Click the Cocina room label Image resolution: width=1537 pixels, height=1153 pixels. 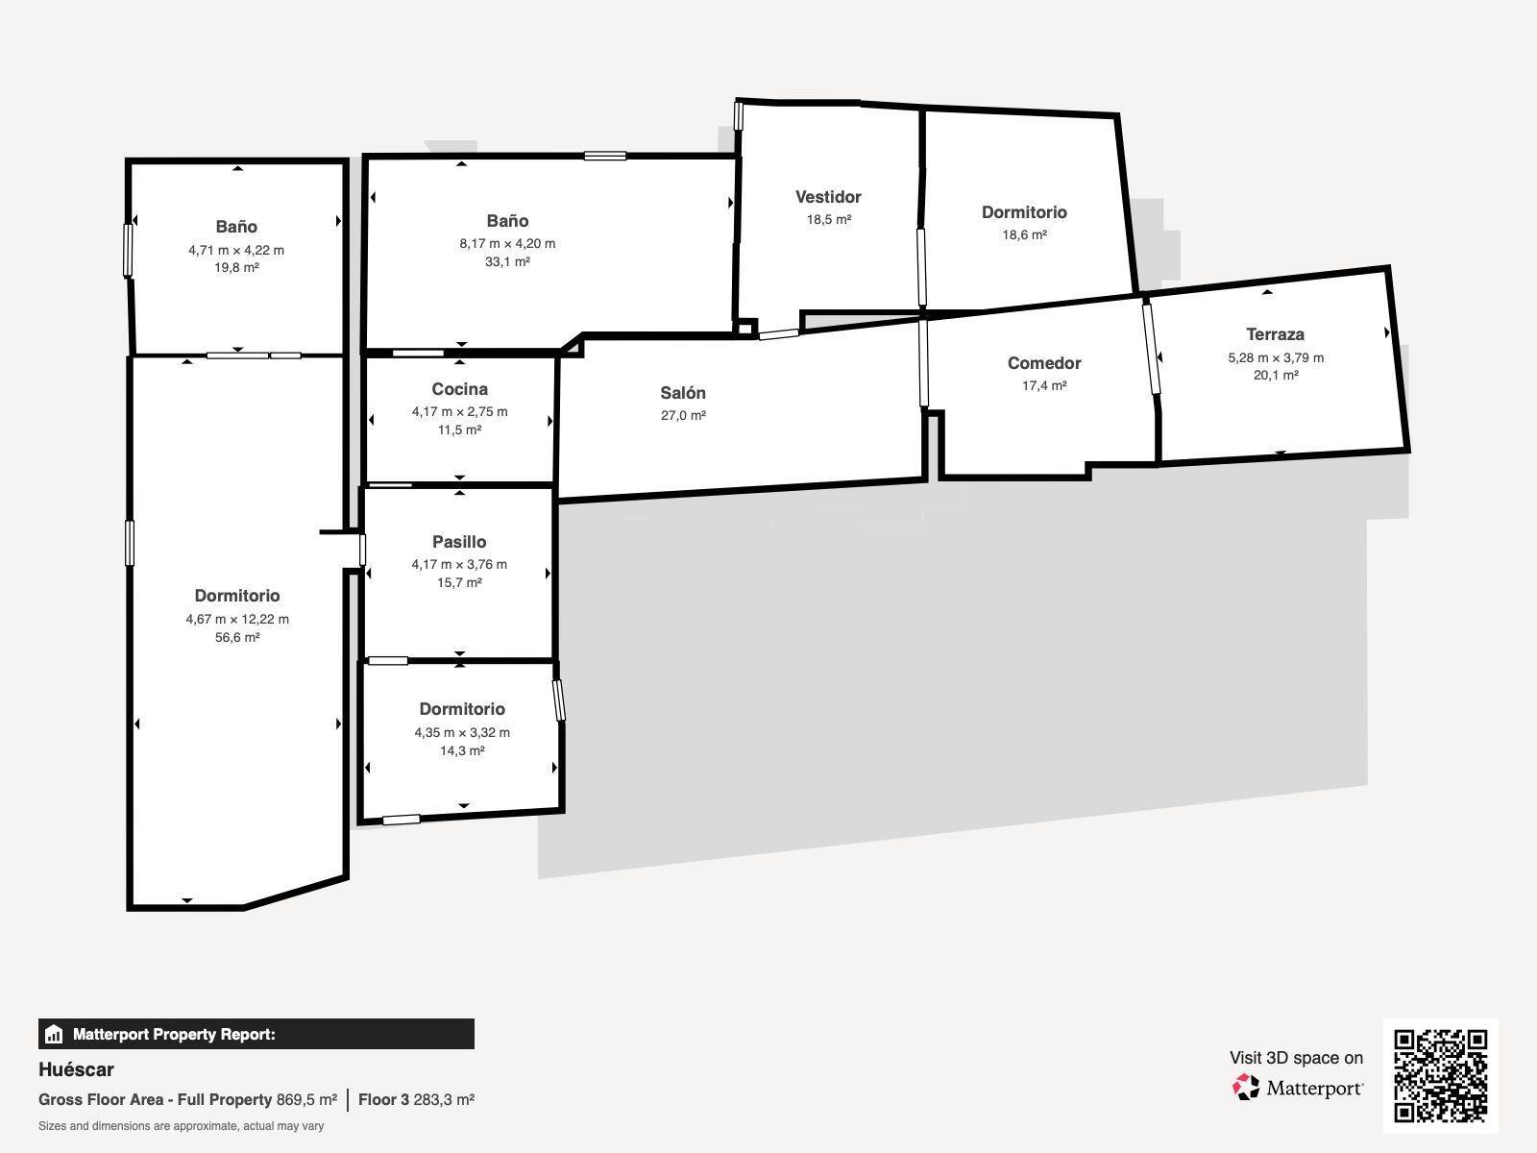(x=459, y=389)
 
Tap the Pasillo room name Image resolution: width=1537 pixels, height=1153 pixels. (x=459, y=542)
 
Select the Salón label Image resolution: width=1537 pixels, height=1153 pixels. (x=683, y=393)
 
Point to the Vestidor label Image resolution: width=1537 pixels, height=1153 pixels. (x=828, y=197)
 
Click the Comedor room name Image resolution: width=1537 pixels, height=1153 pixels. (x=1044, y=363)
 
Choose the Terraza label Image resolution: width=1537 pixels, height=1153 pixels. (x=1275, y=334)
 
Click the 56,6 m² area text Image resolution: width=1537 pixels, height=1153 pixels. (x=237, y=637)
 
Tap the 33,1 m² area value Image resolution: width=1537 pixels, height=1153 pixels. (x=507, y=261)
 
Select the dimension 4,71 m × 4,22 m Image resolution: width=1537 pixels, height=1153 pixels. (x=236, y=250)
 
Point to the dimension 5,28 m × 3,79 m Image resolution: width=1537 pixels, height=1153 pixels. (x=1276, y=357)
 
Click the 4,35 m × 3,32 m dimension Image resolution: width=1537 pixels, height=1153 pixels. (x=462, y=732)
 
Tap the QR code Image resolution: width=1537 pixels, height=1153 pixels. (x=1440, y=1076)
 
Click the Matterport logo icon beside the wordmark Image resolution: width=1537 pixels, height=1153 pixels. (x=1246, y=1088)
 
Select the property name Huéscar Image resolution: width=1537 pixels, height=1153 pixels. (x=76, y=1069)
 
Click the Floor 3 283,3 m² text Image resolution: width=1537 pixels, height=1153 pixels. (x=416, y=1100)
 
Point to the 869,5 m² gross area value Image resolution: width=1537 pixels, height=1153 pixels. (x=306, y=1100)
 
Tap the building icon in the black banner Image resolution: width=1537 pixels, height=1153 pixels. (x=54, y=1034)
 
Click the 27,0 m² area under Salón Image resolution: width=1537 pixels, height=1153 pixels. (x=683, y=415)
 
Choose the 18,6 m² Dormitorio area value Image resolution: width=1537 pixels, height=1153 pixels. (x=1024, y=234)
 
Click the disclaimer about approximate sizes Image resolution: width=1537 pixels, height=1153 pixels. (x=181, y=1126)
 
